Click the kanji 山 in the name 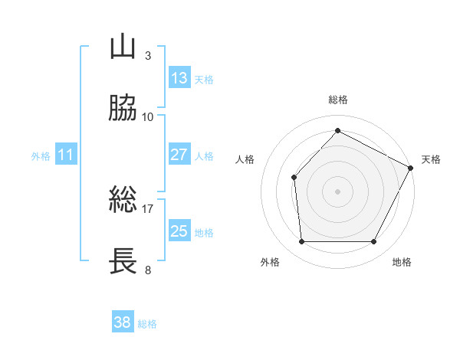click(x=123, y=47)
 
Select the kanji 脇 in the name click(x=123, y=110)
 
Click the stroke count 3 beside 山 click(x=147, y=55)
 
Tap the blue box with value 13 click(x=179, y=78)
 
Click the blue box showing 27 click(x=179, y=155)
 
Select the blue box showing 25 click(x=179, y=231)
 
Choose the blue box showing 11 click(x=66, y=155)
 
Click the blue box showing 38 click(x=123, y=323)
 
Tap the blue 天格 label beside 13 click(x=204, y=79)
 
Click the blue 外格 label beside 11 click(x=41, y=156)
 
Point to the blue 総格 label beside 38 click(x=147, y=324)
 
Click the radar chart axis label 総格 click(x=337, y=100)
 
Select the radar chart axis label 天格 click(x=431, y=159)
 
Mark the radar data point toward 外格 click(x=301, y=242)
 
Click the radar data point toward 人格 click(x=294, y=178)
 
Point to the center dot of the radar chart click(x=337, y=191)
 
